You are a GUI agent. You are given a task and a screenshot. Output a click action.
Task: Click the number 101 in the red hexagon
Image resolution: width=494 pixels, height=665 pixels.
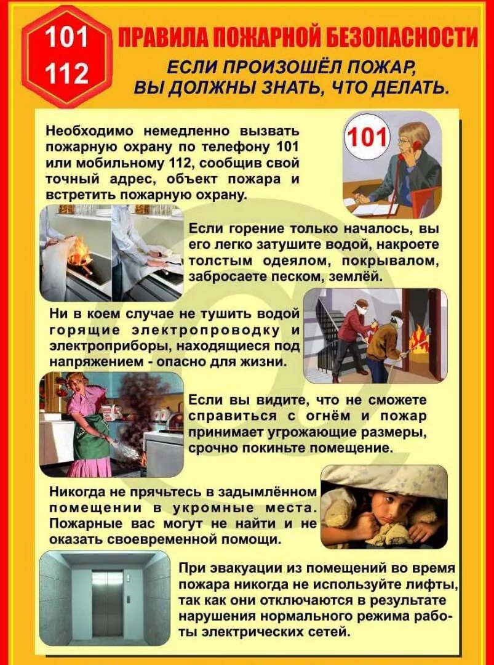pyautogui.click(x=66, y=38)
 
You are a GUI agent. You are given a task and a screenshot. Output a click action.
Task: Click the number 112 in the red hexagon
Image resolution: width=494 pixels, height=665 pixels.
pyautogui.click(x=66, y=74)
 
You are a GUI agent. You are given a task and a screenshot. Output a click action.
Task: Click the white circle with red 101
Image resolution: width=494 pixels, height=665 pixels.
pyautogui.click(x=367, y=137)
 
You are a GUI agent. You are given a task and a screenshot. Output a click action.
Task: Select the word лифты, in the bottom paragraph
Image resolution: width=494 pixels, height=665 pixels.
pyautogui.click(x=432, y=583)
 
